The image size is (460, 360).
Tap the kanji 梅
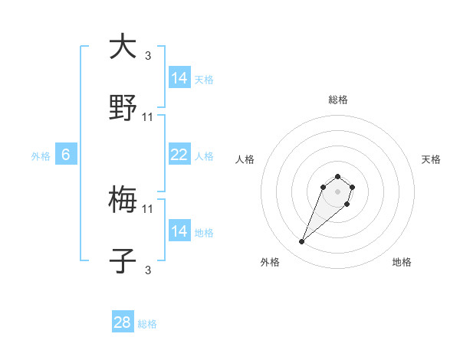click(x=123, y=201)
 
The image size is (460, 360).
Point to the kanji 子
click(x=123, y=262)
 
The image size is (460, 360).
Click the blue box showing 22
click(x=179, y=155)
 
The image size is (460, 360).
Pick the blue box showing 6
click(x=66, y=155)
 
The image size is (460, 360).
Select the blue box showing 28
click(x=123, y=322)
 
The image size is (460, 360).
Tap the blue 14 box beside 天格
click(x=179, y=78)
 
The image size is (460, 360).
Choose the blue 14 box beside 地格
click(x=179, y=231)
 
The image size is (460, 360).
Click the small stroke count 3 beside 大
click(x=148, y=56)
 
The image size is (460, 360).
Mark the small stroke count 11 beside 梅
click(x=148, y=208)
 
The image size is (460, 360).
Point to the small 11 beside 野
click(x=148, y=117)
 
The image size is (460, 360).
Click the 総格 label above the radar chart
click(x=337, y=100)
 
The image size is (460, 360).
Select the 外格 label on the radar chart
click(x=270, y=262)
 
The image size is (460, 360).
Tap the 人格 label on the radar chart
click(x=245, y=159)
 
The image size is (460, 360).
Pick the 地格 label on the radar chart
click(x=402, y=262)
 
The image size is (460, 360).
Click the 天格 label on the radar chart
click(x=431, y=159)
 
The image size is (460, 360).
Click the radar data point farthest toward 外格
click(x=302, y=242)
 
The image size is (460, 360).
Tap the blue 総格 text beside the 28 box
click(x=147, y=324)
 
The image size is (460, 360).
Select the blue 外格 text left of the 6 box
click(x=41, y=155)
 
